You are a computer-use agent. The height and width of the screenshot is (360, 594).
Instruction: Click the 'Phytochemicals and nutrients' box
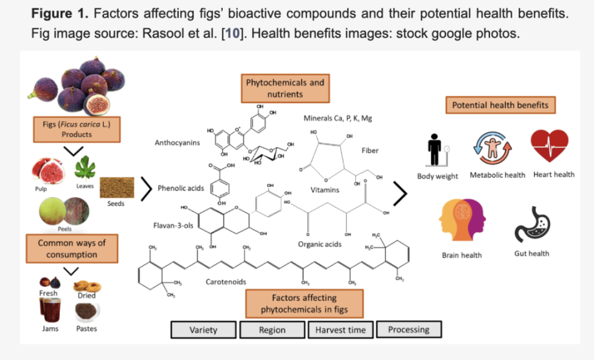285,88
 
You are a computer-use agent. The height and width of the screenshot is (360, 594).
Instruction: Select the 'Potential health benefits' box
500,105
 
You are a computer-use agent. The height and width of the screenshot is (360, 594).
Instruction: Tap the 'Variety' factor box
204,330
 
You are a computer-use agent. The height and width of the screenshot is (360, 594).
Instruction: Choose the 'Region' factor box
272,330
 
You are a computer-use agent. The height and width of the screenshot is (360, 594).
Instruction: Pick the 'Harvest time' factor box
340,330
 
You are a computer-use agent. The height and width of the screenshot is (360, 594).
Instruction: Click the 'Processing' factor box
409,329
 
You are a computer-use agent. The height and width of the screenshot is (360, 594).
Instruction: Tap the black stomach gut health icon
532,225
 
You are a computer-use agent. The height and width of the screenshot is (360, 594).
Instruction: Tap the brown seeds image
116,187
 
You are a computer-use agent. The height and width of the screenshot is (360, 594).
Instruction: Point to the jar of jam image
49,309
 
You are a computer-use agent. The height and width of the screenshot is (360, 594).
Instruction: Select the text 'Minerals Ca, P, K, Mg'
338,118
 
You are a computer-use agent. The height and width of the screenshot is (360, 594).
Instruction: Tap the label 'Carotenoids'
226,282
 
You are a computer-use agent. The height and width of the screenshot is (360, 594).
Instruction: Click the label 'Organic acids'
319,244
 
